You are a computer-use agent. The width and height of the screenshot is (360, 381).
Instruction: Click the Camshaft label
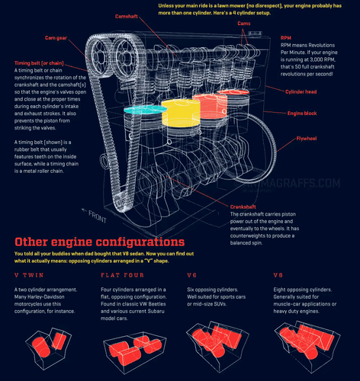point(127,17)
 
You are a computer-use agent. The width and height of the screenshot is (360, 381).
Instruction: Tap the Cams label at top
point(244,24)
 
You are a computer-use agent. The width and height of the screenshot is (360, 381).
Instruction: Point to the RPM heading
point(286,37)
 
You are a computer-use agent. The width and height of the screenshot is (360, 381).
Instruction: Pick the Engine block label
point(302,114)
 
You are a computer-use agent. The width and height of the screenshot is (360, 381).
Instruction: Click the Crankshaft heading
point(246,207)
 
